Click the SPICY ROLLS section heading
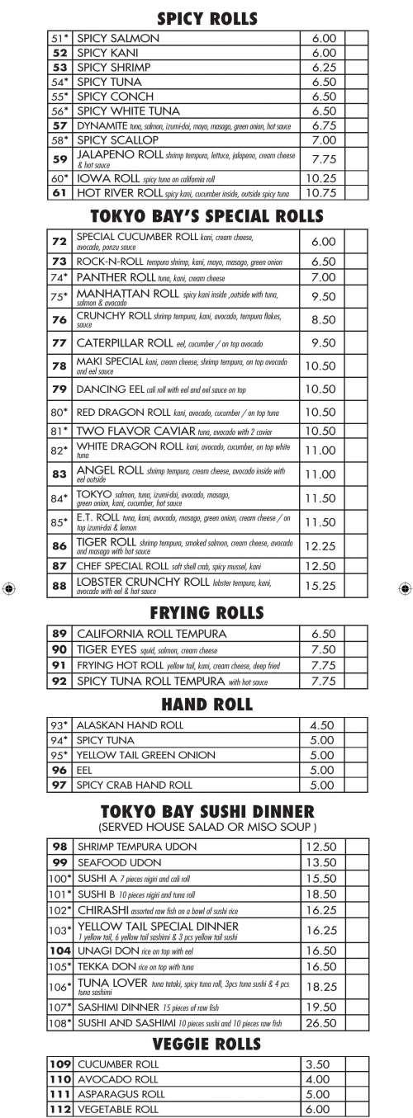pos(206,17)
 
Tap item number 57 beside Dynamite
pos(59,125)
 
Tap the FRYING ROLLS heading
pos(206,613)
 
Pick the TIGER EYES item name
pos(103,649)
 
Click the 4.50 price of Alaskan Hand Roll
pos(321,725)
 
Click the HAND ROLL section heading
pos(206,705)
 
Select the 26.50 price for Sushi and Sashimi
pos(321,1023)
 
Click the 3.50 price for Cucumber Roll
pos(317,1064)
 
